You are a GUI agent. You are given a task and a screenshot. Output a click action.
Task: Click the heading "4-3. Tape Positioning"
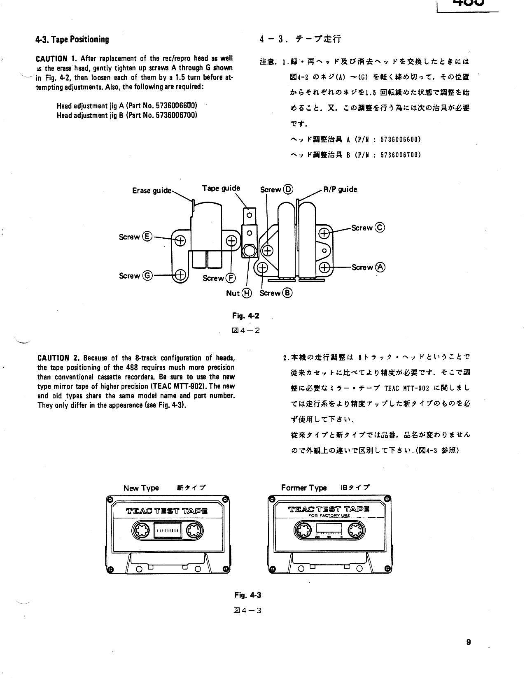pos(72,40)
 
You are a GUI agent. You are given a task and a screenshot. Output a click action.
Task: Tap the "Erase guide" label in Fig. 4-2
pos(152,191)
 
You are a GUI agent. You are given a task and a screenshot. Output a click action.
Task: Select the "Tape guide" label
pos(221,188)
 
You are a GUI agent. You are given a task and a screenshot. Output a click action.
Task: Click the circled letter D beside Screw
pos(288,189)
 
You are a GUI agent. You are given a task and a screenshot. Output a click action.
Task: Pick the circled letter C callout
pos(380,228)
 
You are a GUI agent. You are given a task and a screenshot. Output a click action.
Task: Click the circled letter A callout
pos(380,267)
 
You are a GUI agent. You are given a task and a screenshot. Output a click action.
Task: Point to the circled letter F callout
pos(231,278)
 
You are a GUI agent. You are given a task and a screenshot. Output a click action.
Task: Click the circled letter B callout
pos(287,293)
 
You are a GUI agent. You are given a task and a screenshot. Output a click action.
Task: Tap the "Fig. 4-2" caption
pos(246,316)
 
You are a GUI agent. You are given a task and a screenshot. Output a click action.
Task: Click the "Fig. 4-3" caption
pos(247,595)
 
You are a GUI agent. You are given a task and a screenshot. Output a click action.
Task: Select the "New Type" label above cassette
pos(141,488)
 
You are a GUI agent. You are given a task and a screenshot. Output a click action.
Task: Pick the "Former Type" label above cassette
pos(304,488)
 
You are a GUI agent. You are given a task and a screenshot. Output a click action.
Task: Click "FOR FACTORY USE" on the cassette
pos(329,516)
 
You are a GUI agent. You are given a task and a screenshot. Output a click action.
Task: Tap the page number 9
pos(469,642)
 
